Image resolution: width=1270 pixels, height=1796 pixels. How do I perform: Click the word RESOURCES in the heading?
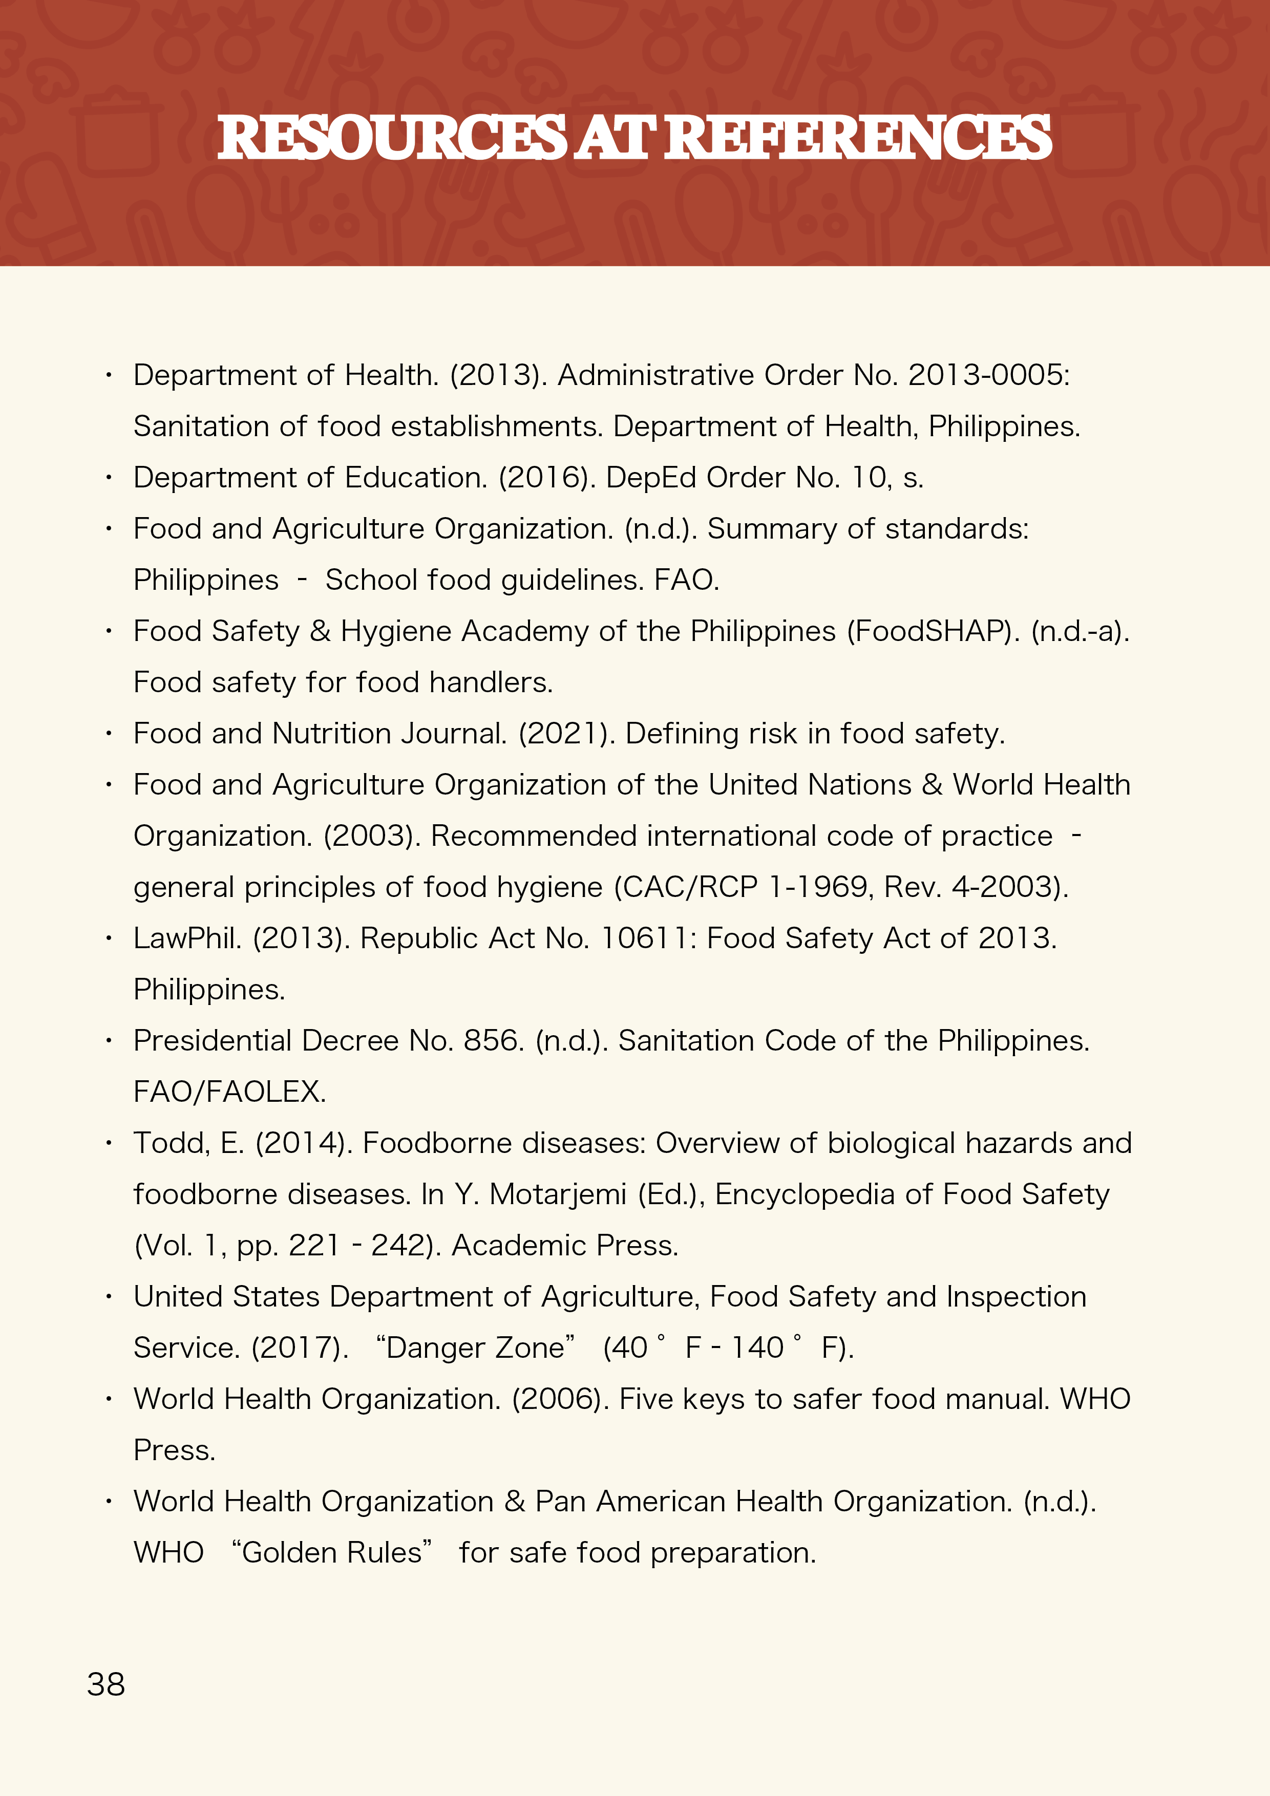(x=391, y=138)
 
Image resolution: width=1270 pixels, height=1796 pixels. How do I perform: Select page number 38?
(x=105, y=1684)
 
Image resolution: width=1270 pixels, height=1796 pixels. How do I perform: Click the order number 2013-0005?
(x=987, y=375)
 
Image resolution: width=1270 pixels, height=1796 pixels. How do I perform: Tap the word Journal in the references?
(x=453, y=734)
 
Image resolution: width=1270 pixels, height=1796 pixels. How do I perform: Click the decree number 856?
(x=493, y=1041)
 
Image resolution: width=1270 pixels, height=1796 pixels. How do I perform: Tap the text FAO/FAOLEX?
(x=229, y=1092)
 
